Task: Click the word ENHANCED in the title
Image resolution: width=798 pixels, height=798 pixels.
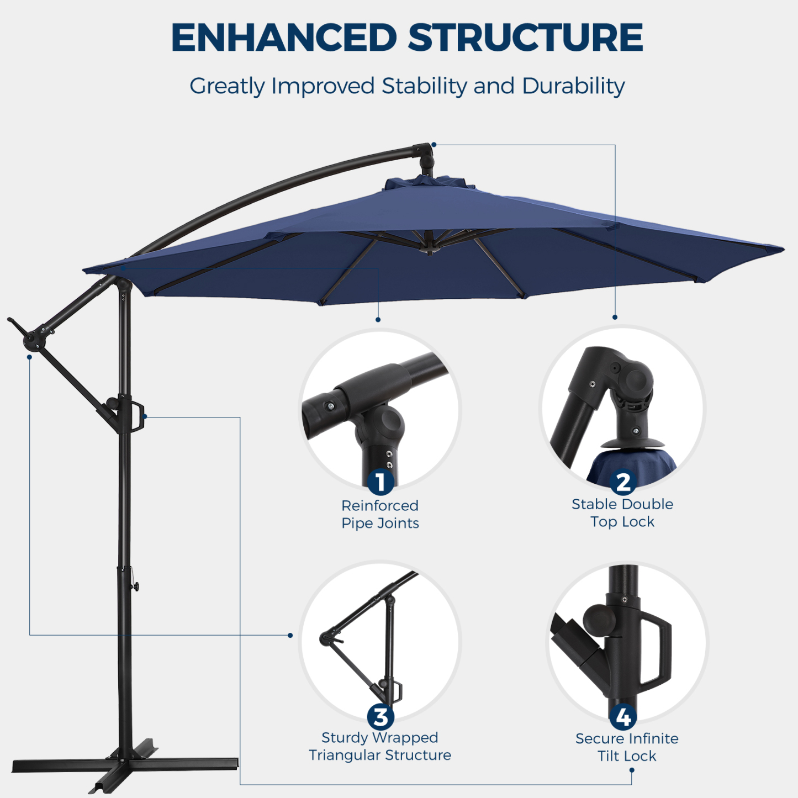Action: pos(284,38)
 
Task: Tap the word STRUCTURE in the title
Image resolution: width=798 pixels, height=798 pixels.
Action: pos(525,38)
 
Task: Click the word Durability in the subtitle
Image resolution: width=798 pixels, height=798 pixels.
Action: pos(573,86)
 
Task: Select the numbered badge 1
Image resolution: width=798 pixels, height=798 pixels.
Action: pos(380,482)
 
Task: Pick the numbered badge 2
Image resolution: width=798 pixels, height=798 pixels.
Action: pos(622,482)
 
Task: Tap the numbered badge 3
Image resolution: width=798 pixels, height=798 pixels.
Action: pos(380,717)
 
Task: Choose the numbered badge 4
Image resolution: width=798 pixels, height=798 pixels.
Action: pos(623,717)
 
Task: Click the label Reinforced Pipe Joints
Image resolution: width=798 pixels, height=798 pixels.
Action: pos(380,514)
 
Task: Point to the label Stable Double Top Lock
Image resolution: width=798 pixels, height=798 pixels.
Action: pos(622,512)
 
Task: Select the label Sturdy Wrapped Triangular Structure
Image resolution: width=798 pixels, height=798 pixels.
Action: pos(380,746)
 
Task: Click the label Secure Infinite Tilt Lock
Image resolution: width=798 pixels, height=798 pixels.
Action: pos(627,747)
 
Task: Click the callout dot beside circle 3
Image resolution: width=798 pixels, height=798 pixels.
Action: pos(290,635)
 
